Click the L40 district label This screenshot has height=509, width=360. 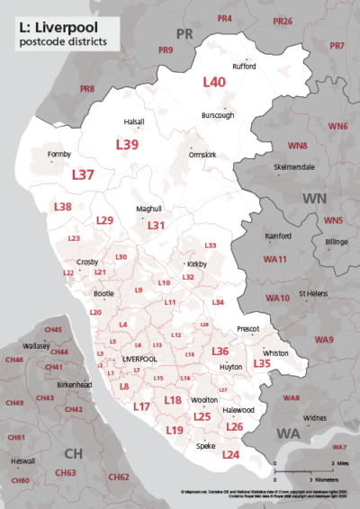(214, 81)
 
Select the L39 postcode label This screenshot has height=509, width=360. (127, 144)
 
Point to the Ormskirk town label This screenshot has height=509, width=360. (203, 154)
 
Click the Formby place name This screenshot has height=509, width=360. (58, 155)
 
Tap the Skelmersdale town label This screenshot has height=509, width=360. (294, 167)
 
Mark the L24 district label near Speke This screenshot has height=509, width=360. (230, 456)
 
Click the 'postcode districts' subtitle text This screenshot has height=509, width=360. (61, 41)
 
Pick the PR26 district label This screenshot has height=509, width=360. (283, 21)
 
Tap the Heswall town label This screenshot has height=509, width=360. (22, 460)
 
